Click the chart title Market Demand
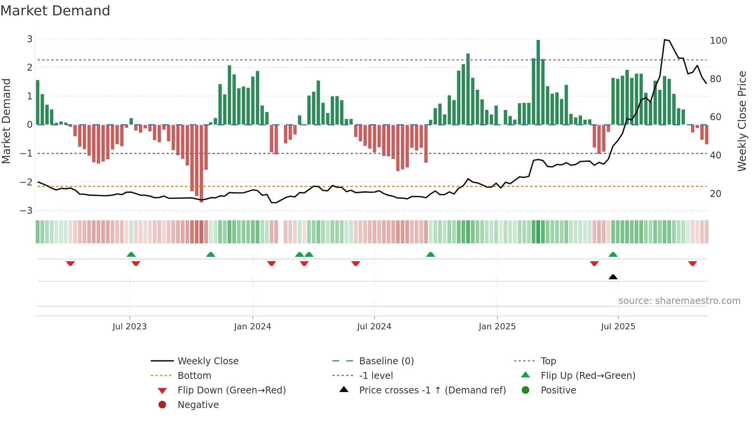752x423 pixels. [x=55, y=11]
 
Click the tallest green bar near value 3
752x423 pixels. [x=538, y=82]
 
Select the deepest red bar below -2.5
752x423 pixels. [x=201, y=163]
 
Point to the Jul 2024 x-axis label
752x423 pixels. [x=374, y=327]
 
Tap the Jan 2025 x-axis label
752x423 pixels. [x=497, y=327]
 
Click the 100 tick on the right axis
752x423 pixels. [x=718, y=41]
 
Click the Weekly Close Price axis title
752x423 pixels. [x=742, y=121]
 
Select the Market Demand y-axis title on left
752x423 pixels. [x=7, y=121]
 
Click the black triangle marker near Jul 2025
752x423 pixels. [x=613, y=277]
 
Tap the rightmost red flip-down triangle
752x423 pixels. [x=693, y=263]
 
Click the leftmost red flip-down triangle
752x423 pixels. [x=70, y=263]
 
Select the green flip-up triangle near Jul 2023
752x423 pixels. [x=131, y=254]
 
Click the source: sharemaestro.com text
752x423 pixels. [x=679, y=301]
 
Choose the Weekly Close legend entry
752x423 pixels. [x=208, y=361]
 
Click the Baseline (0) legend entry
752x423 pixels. [x=386, y=361]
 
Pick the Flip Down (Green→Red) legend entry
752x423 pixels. [x=231, y=390]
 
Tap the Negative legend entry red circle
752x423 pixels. [x=162, y=405]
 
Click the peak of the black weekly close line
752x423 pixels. [x=665, y=40]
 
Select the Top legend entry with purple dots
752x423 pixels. [x=548, y=361]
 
